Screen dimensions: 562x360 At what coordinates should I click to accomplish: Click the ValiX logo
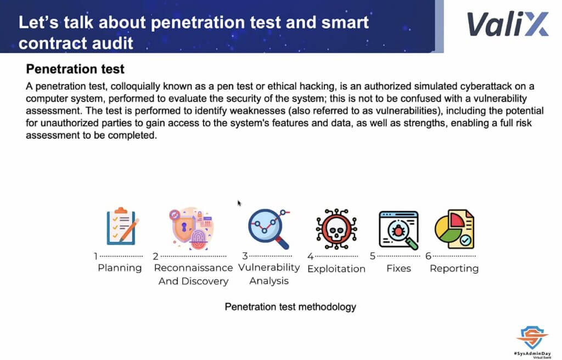pyautogui.click(x=508, y=24)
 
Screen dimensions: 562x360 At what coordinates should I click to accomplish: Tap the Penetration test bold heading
pyautogui.click(x=75, y=69)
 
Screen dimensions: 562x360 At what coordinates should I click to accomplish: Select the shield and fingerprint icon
pyautogui.click(x=192, y=228)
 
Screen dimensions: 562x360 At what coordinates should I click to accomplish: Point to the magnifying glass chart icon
pyautogui.click(x=269, y=228)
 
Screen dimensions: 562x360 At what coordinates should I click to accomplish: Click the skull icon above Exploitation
pyautogui.click(x=336, y=229)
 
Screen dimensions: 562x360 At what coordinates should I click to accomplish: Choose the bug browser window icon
pyautogui.click(x=398, y=230)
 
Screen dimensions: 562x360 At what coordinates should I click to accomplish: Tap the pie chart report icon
pyautogui.click(x=454, y=229)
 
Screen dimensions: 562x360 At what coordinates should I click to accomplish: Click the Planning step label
pyautogui.click(x=120, y=268)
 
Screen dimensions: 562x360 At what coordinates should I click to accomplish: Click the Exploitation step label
pyautogui.click(x=336, y=269)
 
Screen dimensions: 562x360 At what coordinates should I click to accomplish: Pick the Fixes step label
pyautogui.click(x=398, y=268)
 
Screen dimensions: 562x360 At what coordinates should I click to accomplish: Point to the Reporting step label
pyautogui.click(x=454, y=268)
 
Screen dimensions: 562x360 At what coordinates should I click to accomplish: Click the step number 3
pyautogui.click(x=245, y=256)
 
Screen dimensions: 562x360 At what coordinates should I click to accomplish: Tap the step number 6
pyautogui.click(x=428, y=256)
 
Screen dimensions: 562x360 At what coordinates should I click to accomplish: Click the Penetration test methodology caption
pyautogui.click(x=290, y=307)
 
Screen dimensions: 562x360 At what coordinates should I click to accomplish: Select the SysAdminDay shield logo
pyautogui.click(x=532, y=337)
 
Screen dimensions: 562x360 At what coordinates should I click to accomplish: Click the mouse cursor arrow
pyautogui.click(x=239, y=203)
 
